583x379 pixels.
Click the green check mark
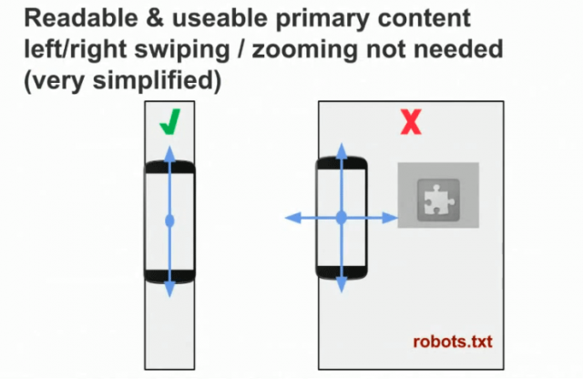pyautogui.click(x=169, y=123)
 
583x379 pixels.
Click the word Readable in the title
pyautogui.click(x=67, y=18)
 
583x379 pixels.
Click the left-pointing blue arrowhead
pyautogui.click(x=291, y=218)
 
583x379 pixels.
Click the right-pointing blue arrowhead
pyautogui.click(x=391, y=218)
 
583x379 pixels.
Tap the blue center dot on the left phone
pyautogui.click(x=169, y=220)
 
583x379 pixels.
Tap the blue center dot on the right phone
pyautogui.click(x=341, y=218)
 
